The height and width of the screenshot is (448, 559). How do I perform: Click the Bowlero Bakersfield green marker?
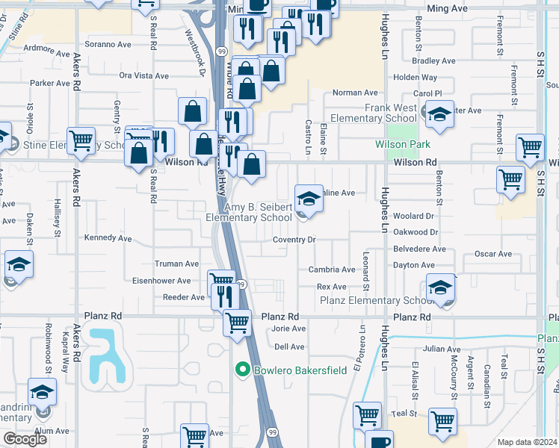click(x=242, y=370)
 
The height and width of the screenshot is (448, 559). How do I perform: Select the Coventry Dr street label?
click(x=294, y=240)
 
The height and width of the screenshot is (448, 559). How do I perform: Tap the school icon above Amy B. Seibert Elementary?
click(x=309, y=198)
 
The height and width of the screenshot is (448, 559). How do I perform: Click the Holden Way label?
click(x=415, y=77)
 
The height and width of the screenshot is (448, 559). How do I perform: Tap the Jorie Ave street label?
click(x=288, y=329)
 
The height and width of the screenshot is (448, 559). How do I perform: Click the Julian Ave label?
click(x=442, y=349)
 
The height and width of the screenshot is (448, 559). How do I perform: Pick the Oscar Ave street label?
click(x=492, y=254)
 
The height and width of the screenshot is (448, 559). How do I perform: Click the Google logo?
click(x=25, y=439)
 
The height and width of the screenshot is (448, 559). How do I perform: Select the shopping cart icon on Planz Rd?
click(x=237, y=323)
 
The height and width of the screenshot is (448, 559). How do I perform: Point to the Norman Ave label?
click(x=355, y=93)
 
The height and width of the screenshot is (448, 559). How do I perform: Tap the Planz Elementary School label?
click(x=376, y=301)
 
